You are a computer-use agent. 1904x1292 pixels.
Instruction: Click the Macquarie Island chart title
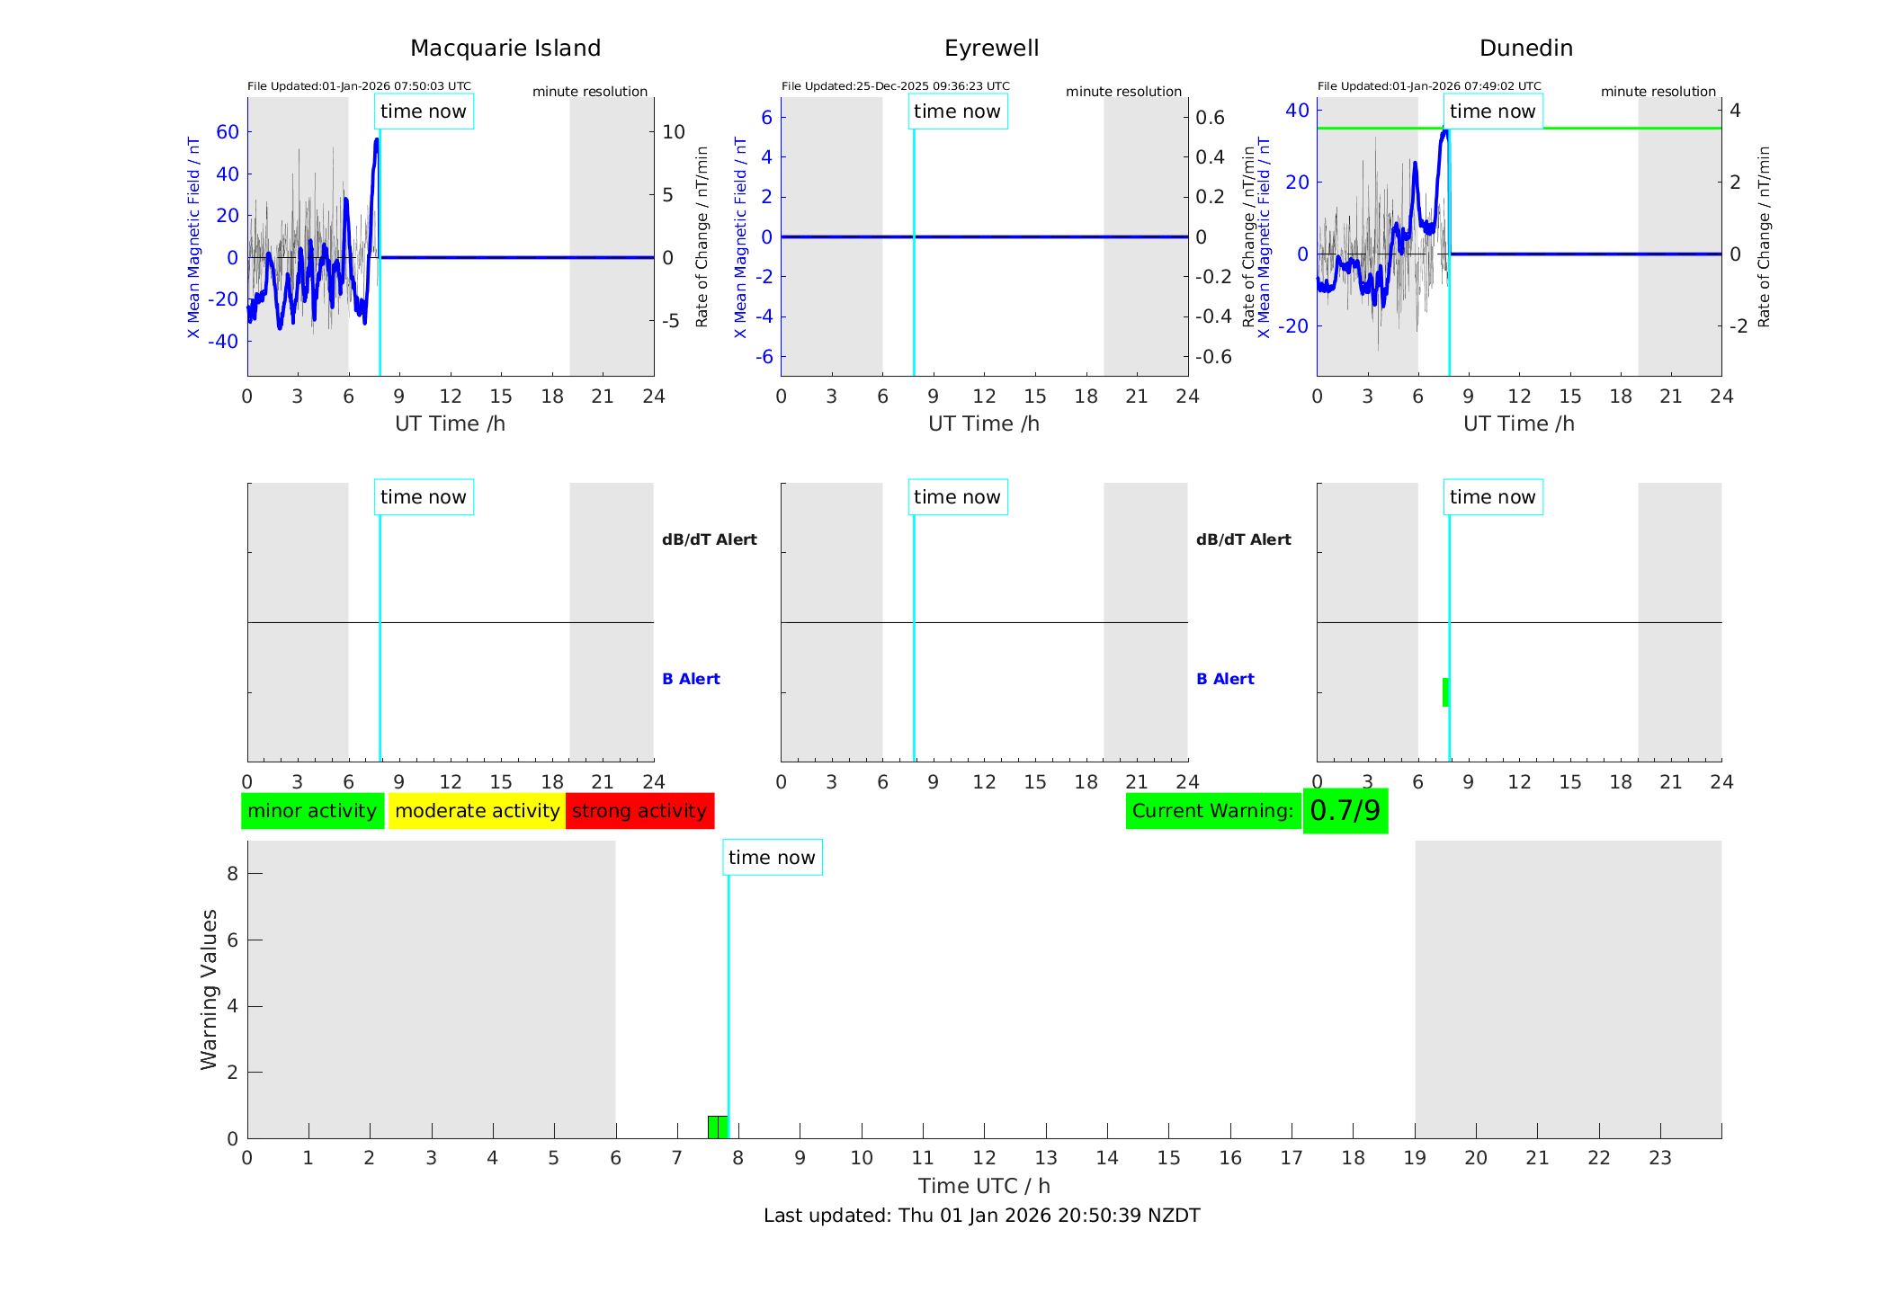[x=505, y=49]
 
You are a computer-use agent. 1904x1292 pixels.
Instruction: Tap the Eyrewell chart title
[x=991, y=49]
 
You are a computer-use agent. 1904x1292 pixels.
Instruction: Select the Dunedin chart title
[x=1525, y=49]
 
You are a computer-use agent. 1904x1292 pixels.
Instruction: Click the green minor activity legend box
[x=312, y=811]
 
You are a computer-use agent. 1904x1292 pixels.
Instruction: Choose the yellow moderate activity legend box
[x=477, y=811]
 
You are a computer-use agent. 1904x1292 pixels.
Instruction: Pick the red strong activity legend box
[x=639, y=811]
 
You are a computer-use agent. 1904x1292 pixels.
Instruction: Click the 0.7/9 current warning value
[x=1345, y=811]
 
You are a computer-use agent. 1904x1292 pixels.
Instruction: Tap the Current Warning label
[x=1212, y=811]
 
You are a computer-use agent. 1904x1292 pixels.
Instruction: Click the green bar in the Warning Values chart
[x=717, y=1127]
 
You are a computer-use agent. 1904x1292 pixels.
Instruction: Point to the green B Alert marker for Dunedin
[x=1445, y=692]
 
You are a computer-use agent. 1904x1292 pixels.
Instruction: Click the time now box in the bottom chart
[x=772, y=858]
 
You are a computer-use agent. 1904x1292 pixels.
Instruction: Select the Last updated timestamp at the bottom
[x=981, y=1216]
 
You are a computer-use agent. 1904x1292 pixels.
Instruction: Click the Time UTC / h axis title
[x=984, y=1186]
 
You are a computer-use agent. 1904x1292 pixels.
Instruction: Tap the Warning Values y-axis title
[x=209, y=989]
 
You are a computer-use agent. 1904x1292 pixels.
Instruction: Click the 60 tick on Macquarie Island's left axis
[x=228, y=132]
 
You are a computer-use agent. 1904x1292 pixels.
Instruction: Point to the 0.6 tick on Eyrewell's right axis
[x=1210, y=118]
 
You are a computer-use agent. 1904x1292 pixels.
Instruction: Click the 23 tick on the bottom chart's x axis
[x=1659, y=1158]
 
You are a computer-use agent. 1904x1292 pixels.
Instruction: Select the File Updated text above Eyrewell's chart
[x=895, y=86]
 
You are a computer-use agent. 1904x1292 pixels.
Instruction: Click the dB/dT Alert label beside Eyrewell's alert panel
[x=1243, y=539]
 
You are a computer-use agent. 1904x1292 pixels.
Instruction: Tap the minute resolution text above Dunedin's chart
[x=1658, y=92]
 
